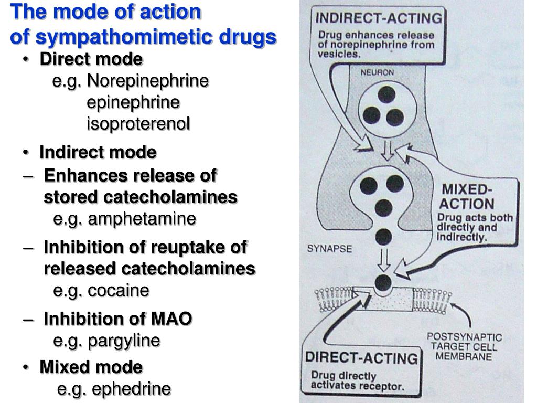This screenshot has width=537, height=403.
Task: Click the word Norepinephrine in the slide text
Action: point(148,81)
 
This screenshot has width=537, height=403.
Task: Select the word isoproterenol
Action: point(138,124)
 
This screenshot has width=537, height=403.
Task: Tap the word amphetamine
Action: point(142,218)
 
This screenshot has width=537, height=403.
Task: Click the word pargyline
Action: point(124,341)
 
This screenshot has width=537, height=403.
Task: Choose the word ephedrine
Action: point(132,389)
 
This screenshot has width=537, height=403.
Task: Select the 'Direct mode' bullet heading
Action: point(91,60)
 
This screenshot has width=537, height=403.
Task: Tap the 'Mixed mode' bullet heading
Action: point(91,367)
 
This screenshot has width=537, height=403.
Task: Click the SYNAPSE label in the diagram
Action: point(329,248)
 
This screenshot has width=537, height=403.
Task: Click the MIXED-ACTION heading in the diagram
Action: point(466,196)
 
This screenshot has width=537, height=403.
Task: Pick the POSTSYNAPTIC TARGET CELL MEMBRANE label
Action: point(464,346)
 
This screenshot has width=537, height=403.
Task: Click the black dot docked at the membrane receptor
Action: point(383,283)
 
